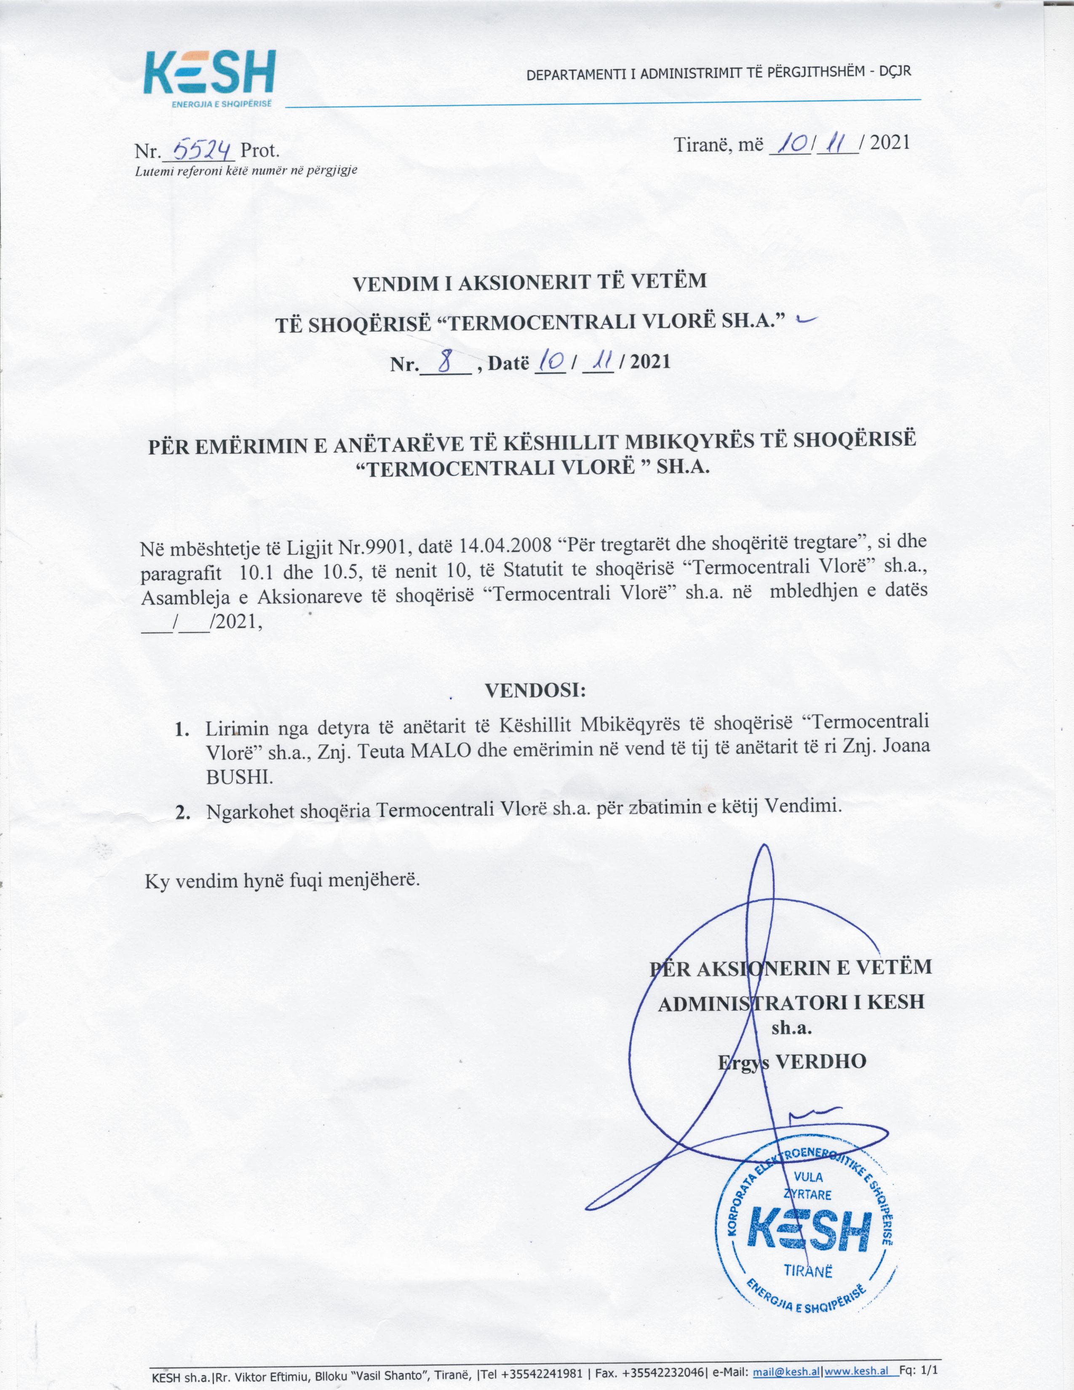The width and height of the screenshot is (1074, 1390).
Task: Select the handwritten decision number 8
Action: pos(445,362)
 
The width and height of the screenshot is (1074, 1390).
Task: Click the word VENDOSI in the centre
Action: pos(535,690)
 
